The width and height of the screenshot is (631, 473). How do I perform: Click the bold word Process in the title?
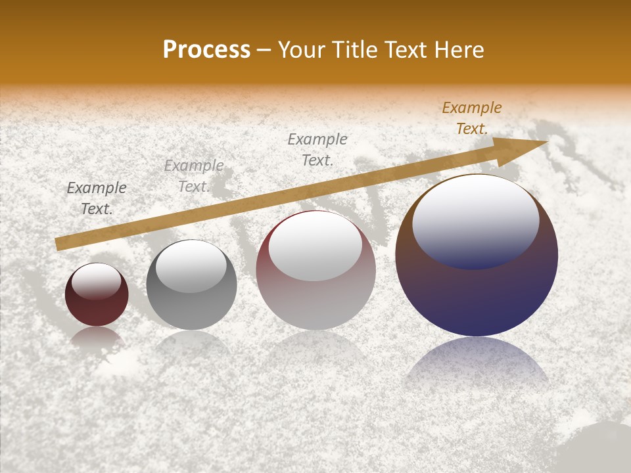[206, 50]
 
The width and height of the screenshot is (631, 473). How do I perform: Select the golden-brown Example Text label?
[472, 118]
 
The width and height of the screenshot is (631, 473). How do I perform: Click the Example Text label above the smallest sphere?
[97, 198]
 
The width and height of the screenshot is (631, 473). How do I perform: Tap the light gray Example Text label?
[194, 175]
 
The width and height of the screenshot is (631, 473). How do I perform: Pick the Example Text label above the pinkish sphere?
[317, 149]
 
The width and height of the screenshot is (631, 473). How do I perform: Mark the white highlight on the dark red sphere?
[96, 281]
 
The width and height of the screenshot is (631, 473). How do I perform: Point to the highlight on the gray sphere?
[191, 265]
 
